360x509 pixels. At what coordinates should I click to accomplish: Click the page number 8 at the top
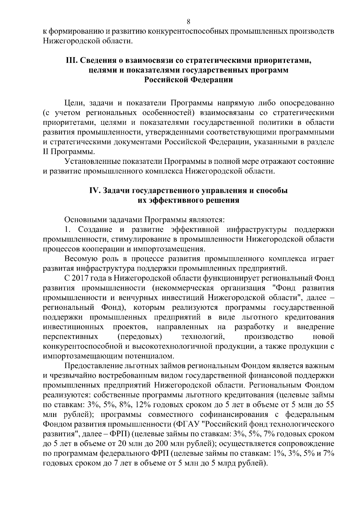[188, 21]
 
